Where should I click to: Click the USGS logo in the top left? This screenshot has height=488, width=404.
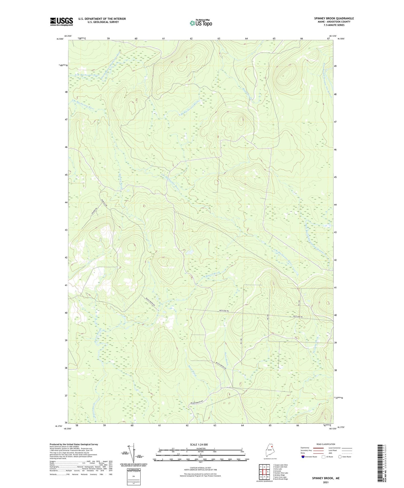tap(61, 22)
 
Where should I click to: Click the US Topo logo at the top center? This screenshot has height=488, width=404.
tap(201, 23)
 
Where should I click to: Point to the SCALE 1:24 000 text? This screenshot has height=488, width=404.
tap(199, 445)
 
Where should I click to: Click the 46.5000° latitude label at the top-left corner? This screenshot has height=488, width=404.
tap(60, 39)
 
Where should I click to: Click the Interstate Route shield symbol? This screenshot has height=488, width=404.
tap(303, 457)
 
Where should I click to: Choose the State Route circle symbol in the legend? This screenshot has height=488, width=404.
tap(340, 457)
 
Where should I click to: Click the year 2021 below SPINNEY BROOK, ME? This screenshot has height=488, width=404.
tap(325, 482)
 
